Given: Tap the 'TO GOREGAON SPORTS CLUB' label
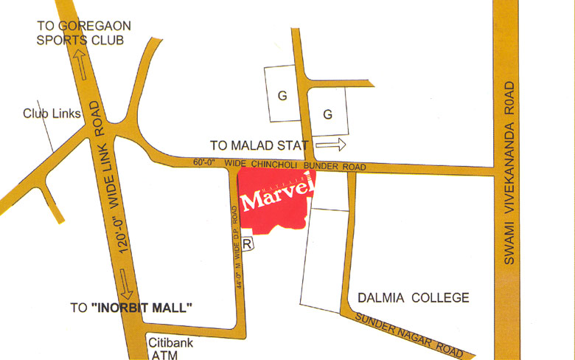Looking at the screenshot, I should [84, 32].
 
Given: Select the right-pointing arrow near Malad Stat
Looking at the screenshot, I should [330, 145].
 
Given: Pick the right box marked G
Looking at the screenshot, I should [328, 114].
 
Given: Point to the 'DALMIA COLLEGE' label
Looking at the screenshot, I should [414, 298].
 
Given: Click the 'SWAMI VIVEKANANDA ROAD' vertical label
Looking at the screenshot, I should [508, 173].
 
